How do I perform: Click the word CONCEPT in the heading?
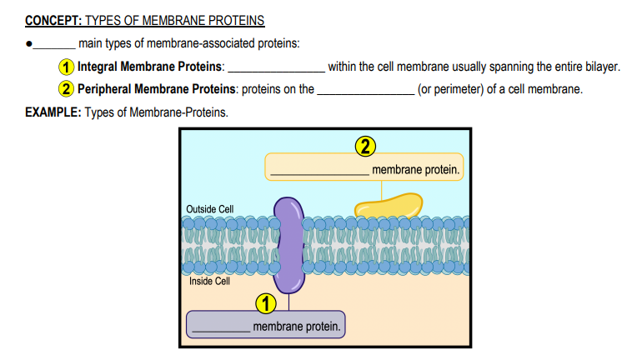pyautogui.click(x=53, y=20)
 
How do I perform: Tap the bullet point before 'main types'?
pyautogui.click(x=28, y=43)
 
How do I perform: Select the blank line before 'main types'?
pyautogui.click(x=54, y=47)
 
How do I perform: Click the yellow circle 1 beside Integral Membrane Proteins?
pyautogui.click(x=66, y=67)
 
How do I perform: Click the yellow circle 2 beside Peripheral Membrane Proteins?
pyautogui.click(x=66, y=89)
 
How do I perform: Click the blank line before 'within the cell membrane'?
pyautogui.click(x=277, y=72)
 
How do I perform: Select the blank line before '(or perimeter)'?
pyautogui.click(x=366, y=94)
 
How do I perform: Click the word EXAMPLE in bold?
pyautogui.click(x=53, y=112)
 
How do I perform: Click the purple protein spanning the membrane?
pyautogui.click(x=288, y=245)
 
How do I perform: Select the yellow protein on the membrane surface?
pyautogui.click(x=389, y=205)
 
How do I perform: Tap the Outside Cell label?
pyautogui.click(x=209, y=209)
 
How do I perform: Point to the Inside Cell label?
pyautogui.click(x=209, y=282)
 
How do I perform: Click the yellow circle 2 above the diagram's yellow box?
pyautogui.click(x=365, y=147)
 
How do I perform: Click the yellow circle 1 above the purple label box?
pyautogui.click(x=266, y=303)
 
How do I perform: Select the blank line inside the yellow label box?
pyautogui.click(x=319, y=174)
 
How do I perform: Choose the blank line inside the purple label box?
pyautogui.click(x=221, y=332)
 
